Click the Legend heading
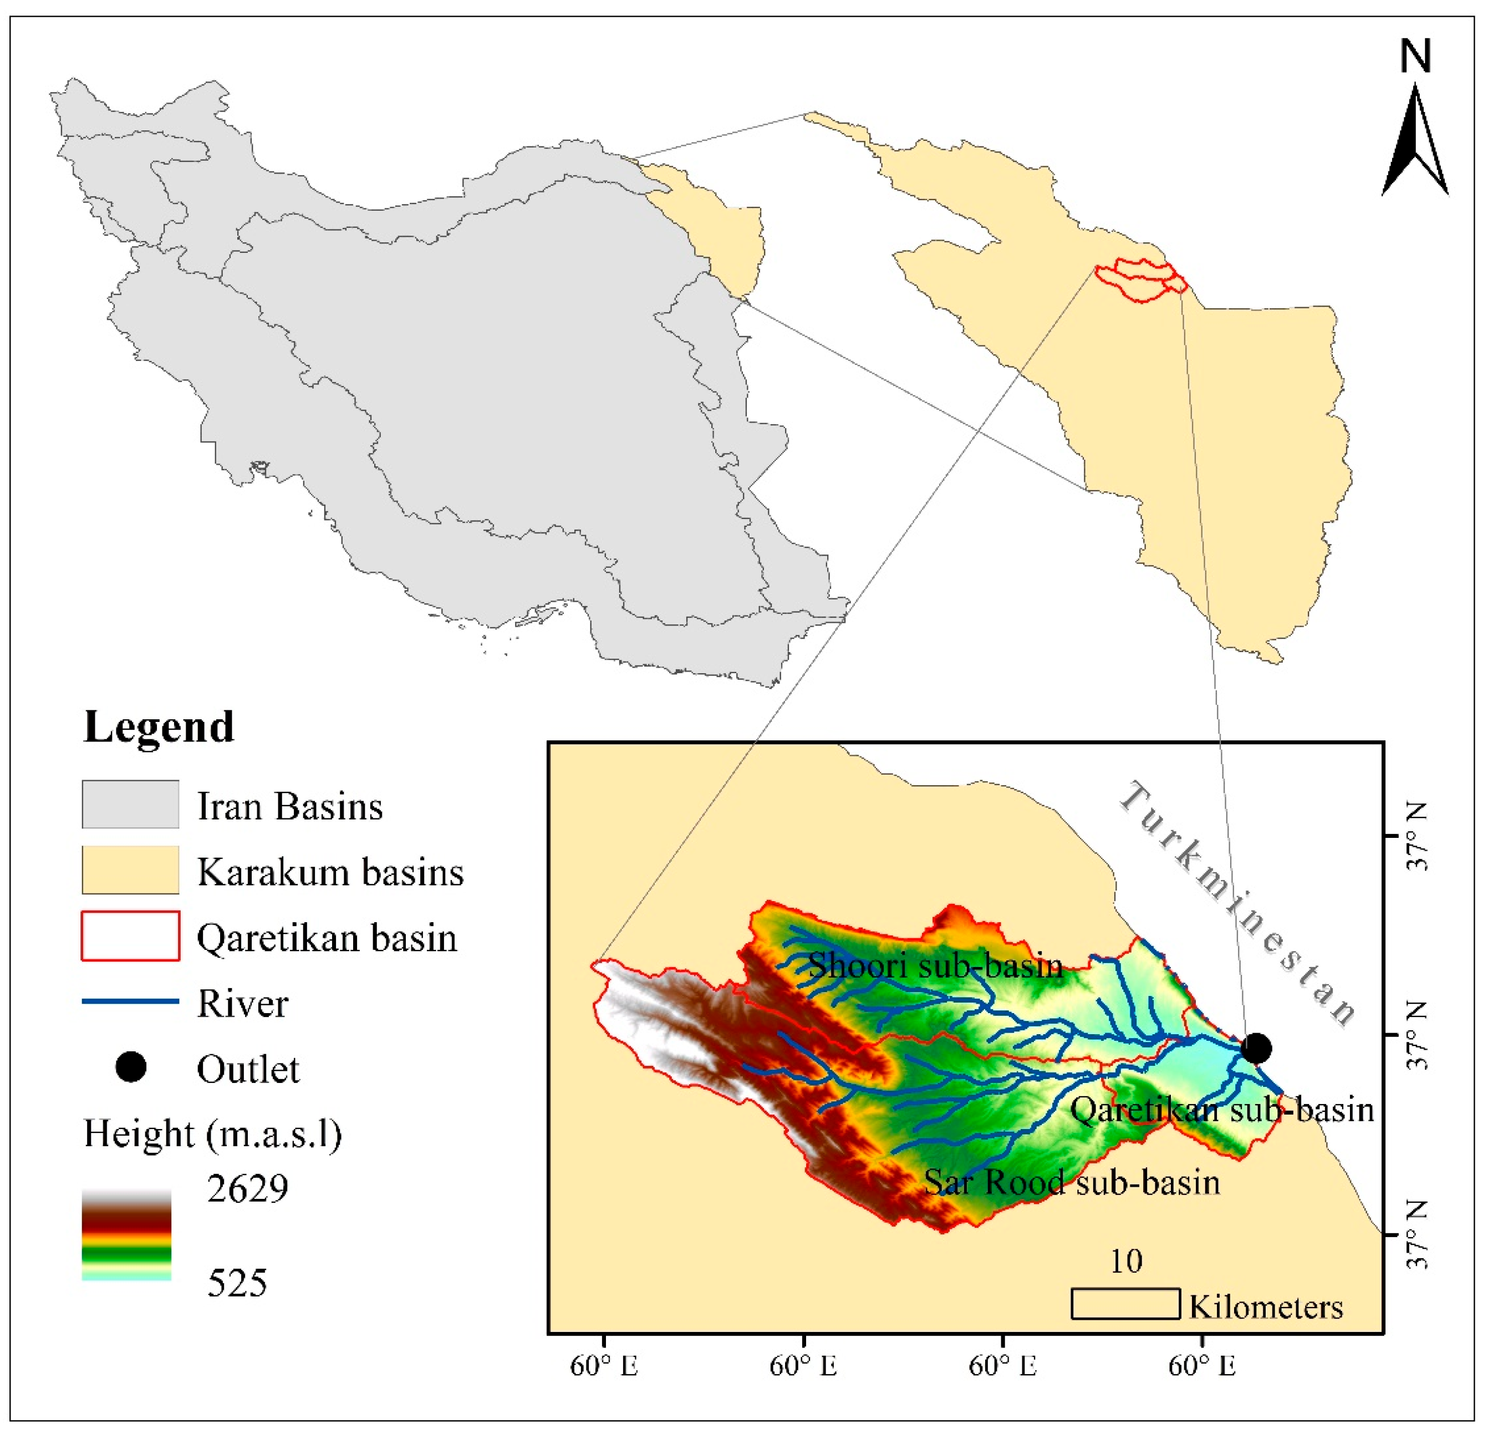click(159, 727)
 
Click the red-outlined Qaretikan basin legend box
click(131, 935)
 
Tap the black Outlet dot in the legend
click(131, 1068)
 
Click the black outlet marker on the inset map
click(1256, 1048)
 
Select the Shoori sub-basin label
click(935, 965)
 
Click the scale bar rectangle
click(1125, 1303)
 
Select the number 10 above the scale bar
click(1126, 1262)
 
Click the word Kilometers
click(1266, 1307)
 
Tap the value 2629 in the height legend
click(247, 1189)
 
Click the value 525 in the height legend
click(237, 1283)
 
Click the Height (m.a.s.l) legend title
click(212, 1134)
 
